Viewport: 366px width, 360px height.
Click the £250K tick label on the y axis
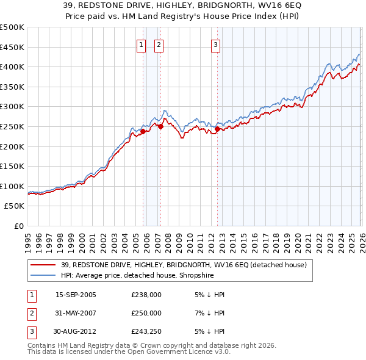click(12, 126)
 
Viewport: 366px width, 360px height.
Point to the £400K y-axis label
click(12, 67)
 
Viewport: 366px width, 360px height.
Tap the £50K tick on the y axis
click(14, 206)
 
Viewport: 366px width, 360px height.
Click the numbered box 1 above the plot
click(142, 44)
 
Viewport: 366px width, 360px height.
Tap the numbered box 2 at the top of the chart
click(159, 44)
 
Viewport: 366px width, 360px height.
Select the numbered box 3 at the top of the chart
click(216, 44)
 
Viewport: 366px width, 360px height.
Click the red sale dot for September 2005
click(143, 131)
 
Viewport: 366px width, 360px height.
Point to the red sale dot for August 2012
click(217, 129)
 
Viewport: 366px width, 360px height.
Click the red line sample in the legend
click(43, 265)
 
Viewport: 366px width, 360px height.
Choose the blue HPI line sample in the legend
click(43, 275)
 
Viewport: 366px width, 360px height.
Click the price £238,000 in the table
click(146, 295)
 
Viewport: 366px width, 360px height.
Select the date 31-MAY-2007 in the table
click(76, 313)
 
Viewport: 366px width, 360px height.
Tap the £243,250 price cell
click(146, 331)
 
